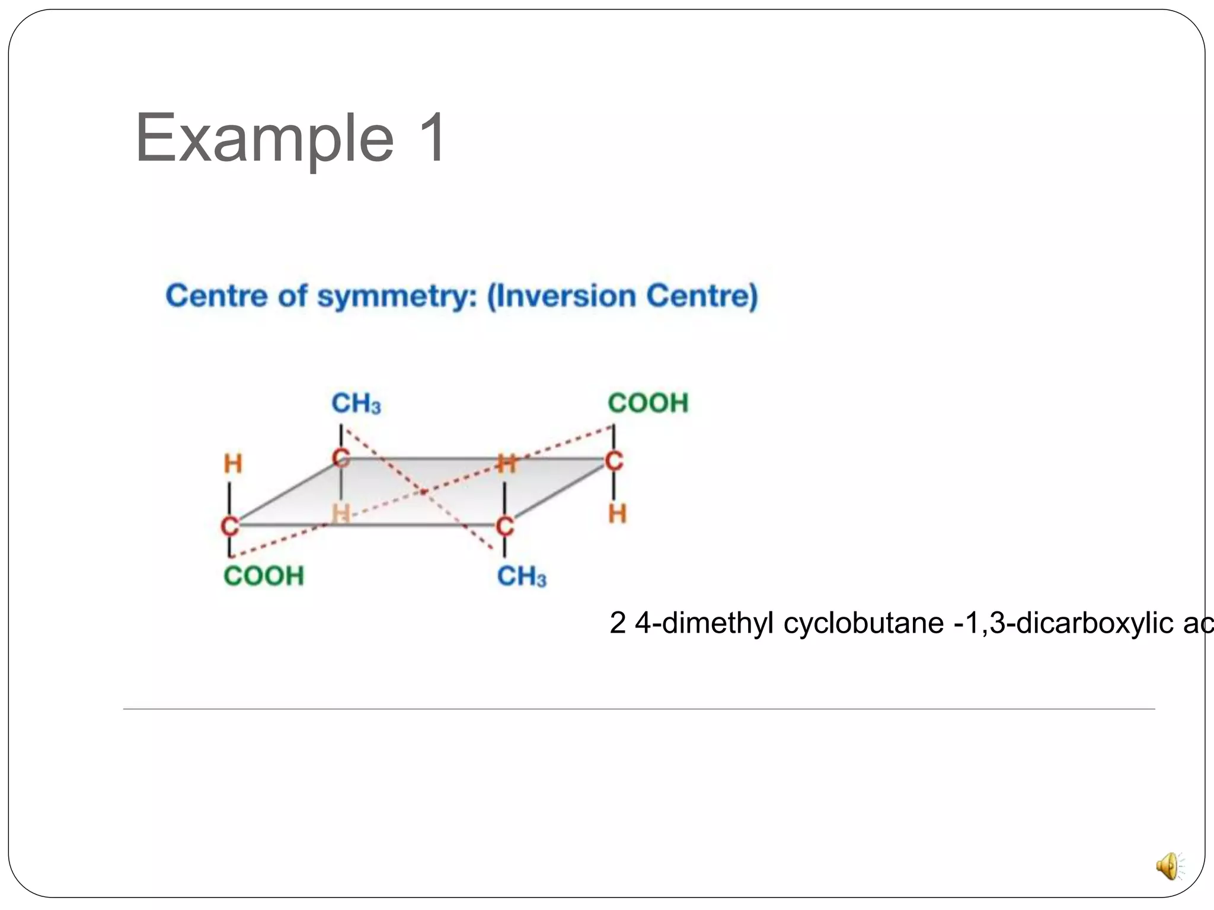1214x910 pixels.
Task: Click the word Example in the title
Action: click(x=264, y=139)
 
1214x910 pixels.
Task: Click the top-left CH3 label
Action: click(x=356, y=404)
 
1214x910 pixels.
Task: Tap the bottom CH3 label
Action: click(x=522, y=576)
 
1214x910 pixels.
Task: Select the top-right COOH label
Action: click(x=648, y=403)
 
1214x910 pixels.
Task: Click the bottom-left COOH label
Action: click(x=264, y=576)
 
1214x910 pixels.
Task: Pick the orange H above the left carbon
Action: click(x=233, y=464)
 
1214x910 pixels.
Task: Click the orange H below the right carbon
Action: click(x=617, y=514)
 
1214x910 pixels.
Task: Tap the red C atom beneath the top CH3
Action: click(x=341, y=458)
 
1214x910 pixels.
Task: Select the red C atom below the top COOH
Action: click(x=614, y=461)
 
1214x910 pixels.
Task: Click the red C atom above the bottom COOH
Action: click(x=230, y=526)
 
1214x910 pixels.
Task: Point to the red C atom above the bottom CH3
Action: click(x=504, y=526)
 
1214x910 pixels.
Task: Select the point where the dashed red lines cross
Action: click(x=423, y=491)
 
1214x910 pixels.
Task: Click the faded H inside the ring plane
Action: click(x=341, y=514)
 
